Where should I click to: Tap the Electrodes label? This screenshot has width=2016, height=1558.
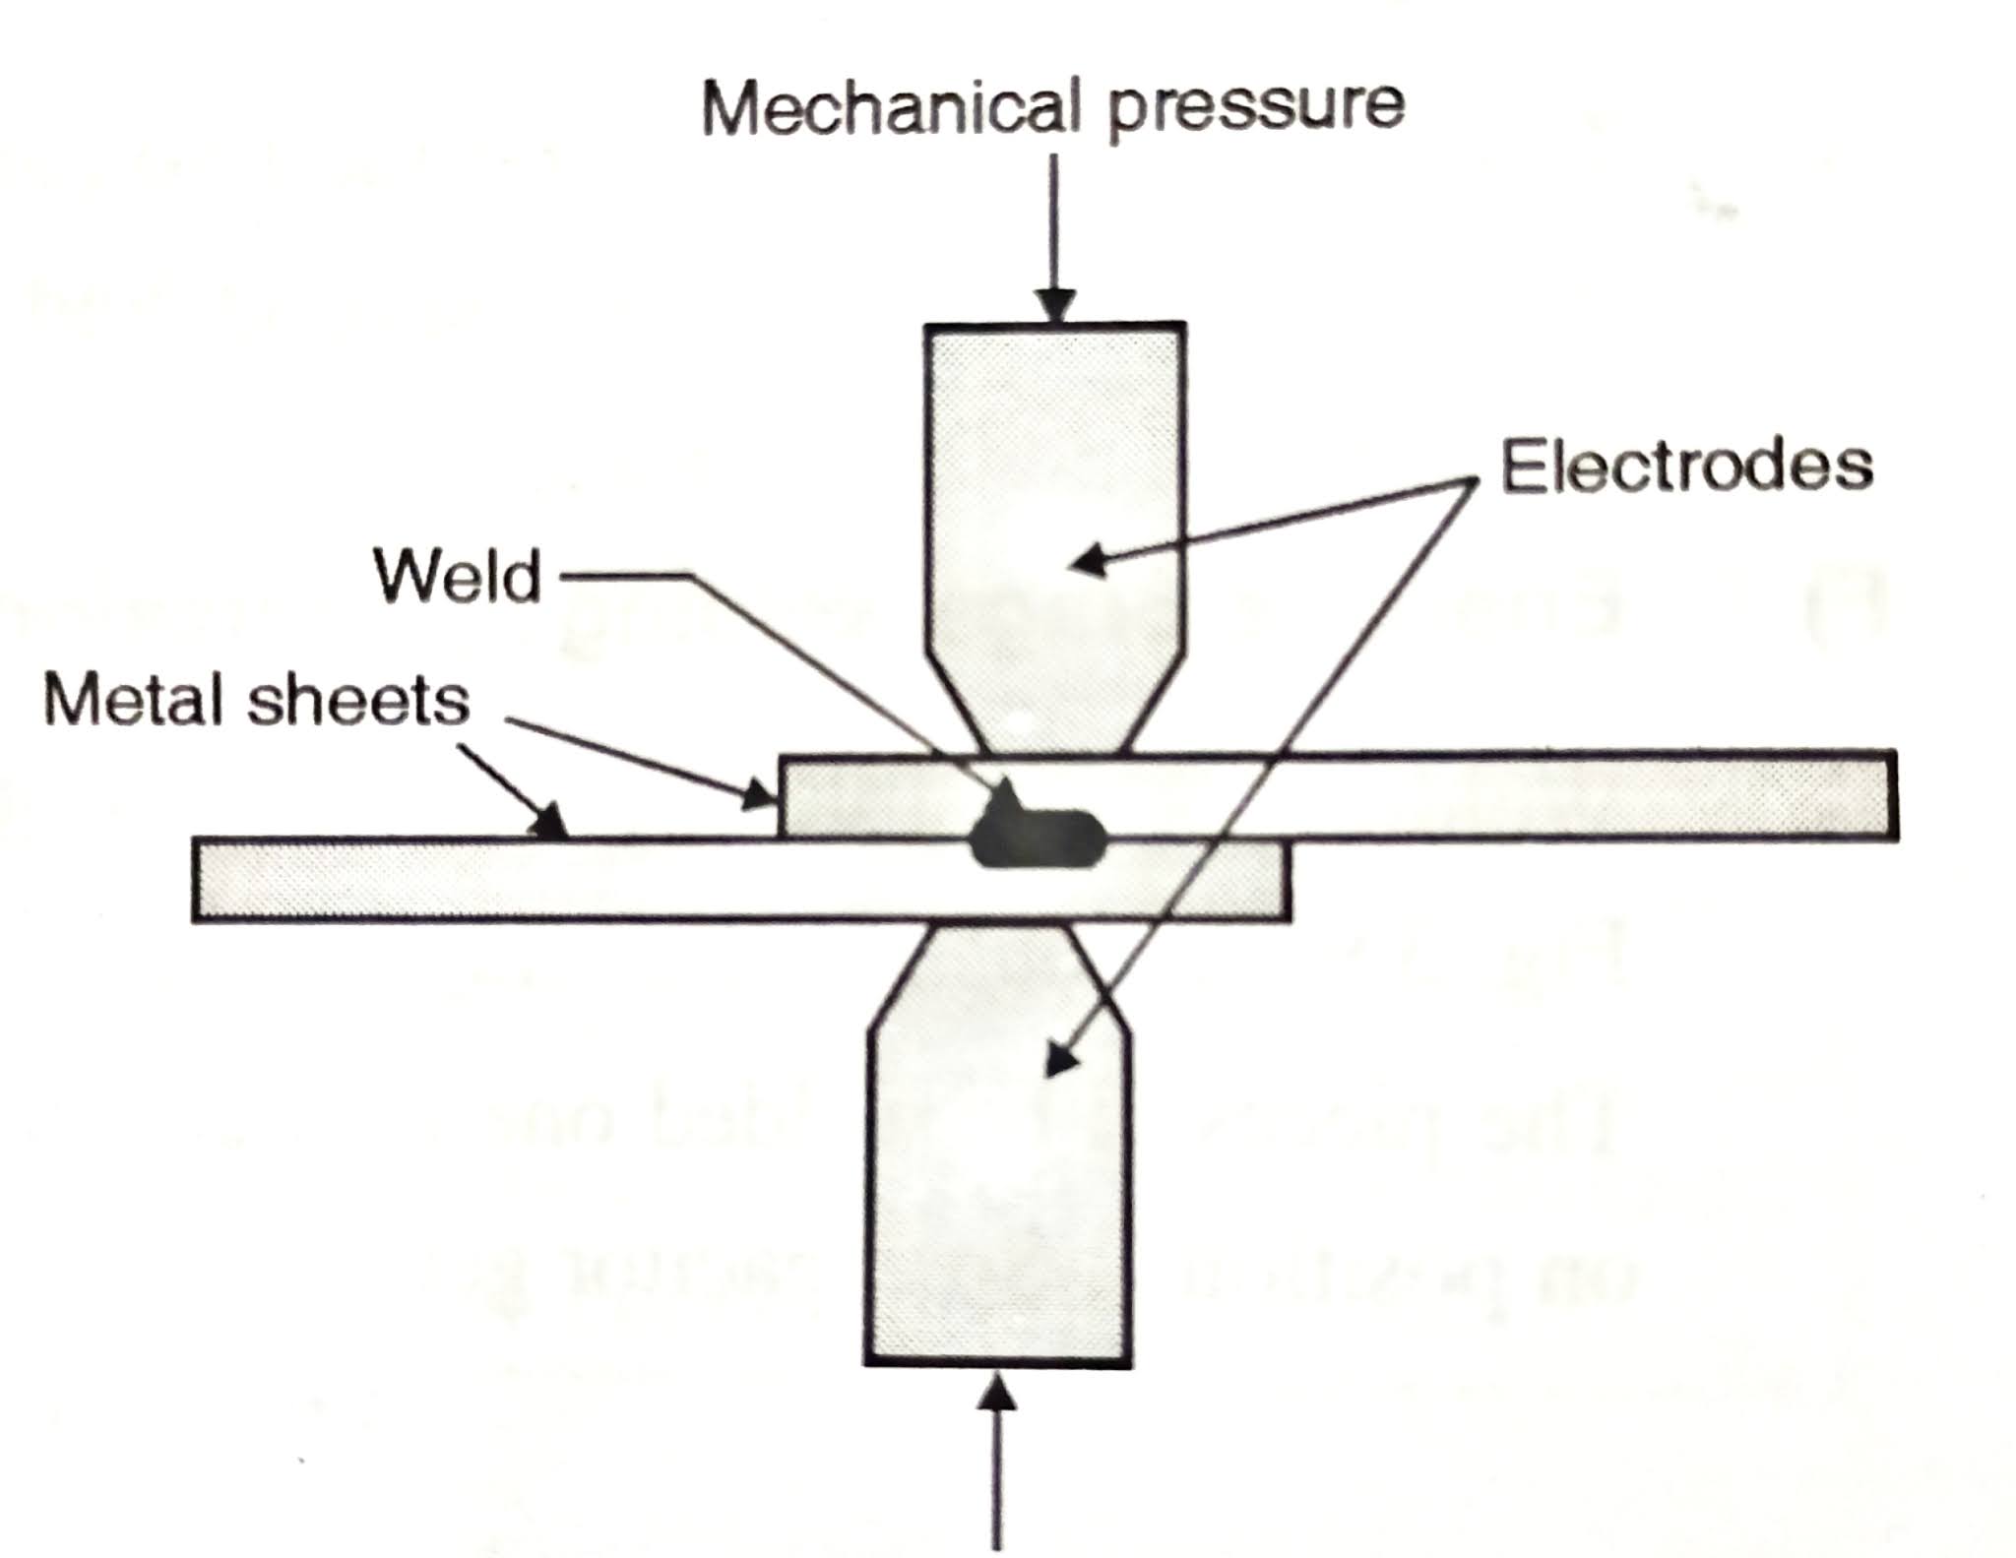tap(1685, 466)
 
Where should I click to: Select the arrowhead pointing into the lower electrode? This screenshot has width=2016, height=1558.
tap(1058, 1063)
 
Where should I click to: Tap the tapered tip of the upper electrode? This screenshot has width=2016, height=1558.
tap(1053, 709)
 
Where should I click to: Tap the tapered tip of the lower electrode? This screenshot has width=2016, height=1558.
tap(999, 969)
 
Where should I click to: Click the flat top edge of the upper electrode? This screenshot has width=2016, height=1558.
tap(1053, 326)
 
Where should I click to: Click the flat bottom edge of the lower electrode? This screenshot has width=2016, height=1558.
tap(998, 1363)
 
